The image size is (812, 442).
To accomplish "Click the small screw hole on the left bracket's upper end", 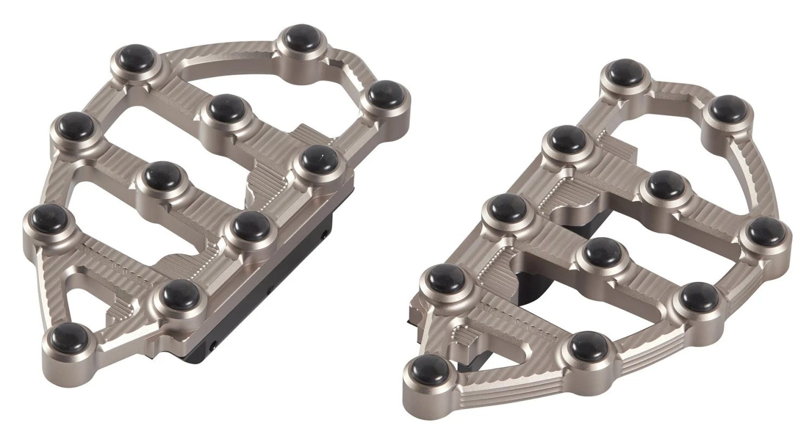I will pos(325,234).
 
